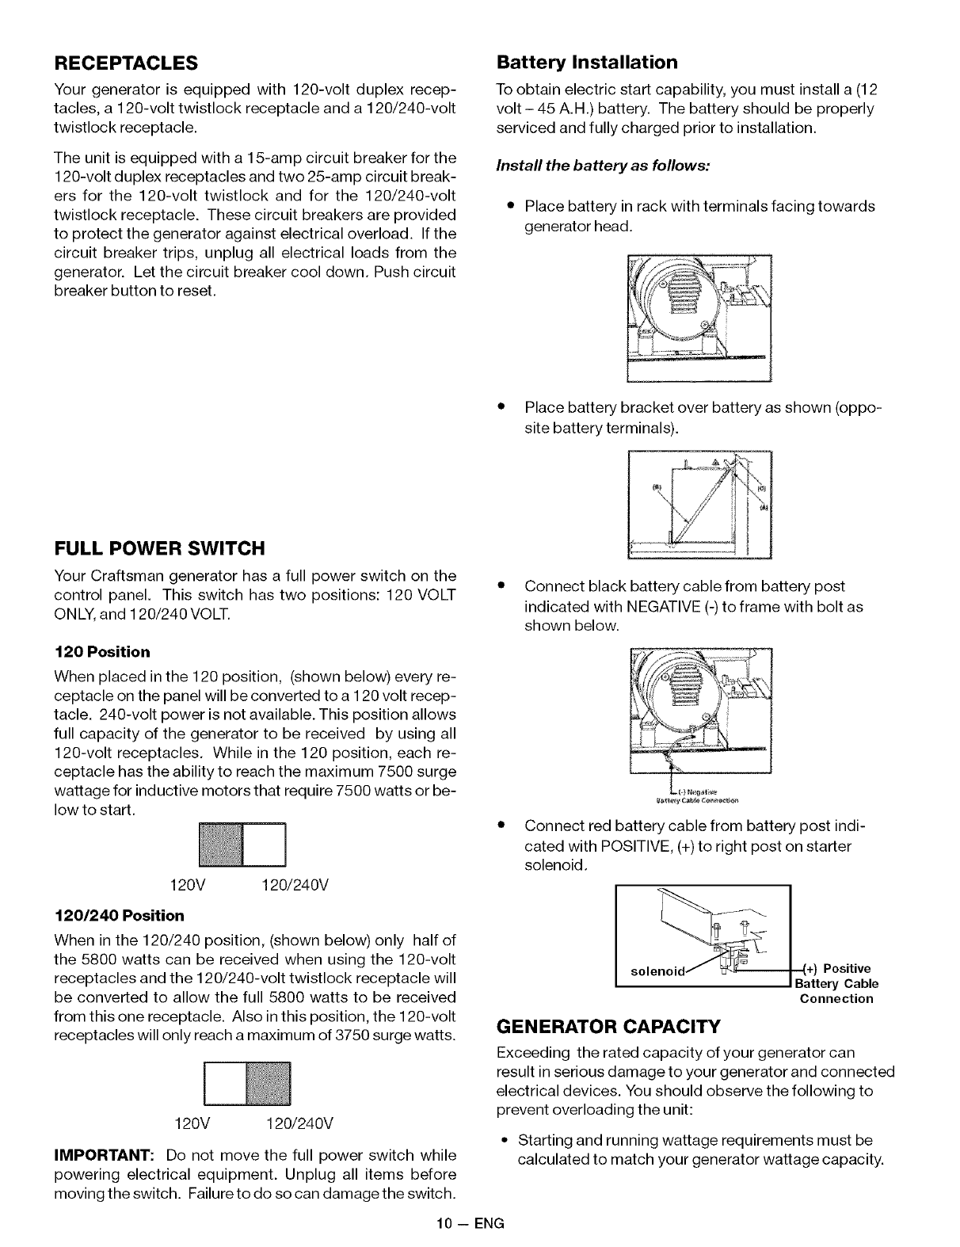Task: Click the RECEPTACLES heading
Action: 125,62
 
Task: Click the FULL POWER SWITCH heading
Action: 158,548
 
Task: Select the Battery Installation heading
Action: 586,62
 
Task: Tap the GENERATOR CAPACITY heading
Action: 608,1028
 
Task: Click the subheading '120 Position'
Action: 101,652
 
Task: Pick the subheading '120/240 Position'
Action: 119,916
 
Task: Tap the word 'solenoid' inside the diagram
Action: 653,970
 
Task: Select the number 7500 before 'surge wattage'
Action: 375,772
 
